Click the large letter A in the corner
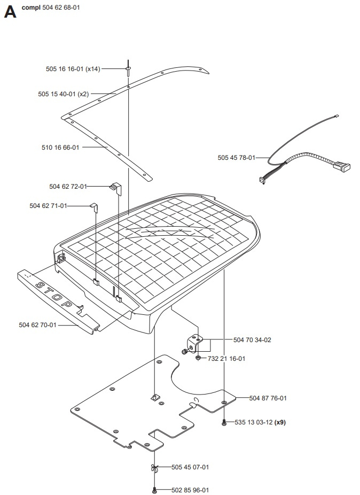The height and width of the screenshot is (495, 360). (10, 12)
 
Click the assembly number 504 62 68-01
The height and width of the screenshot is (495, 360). (61, 8)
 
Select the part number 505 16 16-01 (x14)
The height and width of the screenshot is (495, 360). (73, 69)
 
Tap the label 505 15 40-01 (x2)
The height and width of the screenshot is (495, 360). (63, 94)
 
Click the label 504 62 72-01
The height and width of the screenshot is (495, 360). (67, 187)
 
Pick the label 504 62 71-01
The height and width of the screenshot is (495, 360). (48, 206)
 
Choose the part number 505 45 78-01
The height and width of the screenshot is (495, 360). (236, 158)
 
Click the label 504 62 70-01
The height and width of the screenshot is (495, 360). (37, 324)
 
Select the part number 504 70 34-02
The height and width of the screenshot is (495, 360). (252, 340)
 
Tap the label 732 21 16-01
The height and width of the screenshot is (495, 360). (226, 359)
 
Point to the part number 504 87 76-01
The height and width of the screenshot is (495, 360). (268, 398)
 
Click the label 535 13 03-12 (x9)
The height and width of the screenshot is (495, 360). (261, 422)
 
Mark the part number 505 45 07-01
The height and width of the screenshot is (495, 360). (190, 467)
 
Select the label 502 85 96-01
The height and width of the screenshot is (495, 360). (190, 490)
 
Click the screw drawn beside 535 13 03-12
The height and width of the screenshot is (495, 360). (224, 422)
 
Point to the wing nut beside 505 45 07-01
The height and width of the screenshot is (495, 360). (154, 468)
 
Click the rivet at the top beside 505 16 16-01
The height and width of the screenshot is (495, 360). (129, 68)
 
